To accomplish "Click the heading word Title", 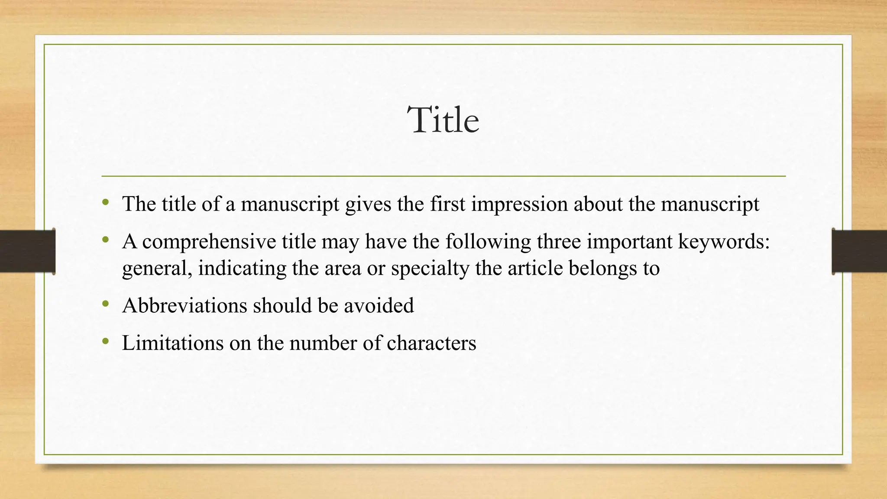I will point(443,120).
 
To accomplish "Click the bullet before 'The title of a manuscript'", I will point(105,202).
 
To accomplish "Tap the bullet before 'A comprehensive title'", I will point(105,239).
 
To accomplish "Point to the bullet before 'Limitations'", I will point(105,341).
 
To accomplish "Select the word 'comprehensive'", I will point(209,242).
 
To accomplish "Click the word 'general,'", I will point(157,269).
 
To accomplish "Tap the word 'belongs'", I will point(602,269).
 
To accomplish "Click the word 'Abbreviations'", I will point(185,306).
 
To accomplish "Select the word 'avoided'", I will point(379,306).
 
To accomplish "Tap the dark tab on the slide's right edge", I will point(859,251).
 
